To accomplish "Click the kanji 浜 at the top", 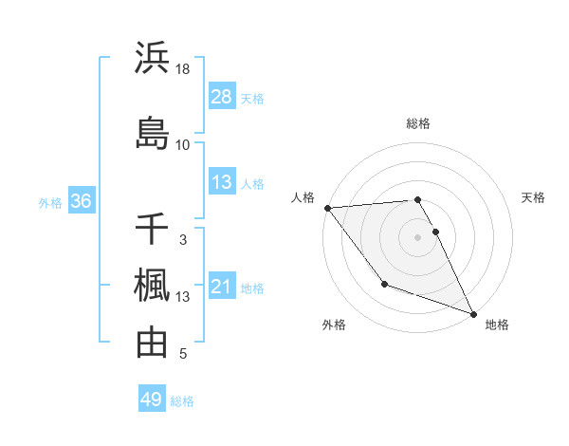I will point(152,59).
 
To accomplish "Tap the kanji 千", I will point(152,230).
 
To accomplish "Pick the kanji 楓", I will point(152,286).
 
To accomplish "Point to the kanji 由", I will point(152,343).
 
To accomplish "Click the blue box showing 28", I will point(222,97).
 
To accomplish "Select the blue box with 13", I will point(222,182).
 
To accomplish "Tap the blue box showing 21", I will point(222,288).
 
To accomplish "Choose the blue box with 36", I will point(81,201).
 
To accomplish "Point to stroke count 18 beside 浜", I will point(183,70).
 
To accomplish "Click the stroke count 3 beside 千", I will point(183,240).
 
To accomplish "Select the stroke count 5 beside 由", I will point(183,354).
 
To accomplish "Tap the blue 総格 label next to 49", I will point(182,401).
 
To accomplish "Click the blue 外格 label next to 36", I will point(50,203).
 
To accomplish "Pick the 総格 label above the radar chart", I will point(417,123).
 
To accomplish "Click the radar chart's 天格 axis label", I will point(533,197).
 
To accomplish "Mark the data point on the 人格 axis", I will point(327,208).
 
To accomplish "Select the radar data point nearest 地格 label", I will point(473,314).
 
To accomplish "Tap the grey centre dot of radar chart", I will point(417,236).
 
